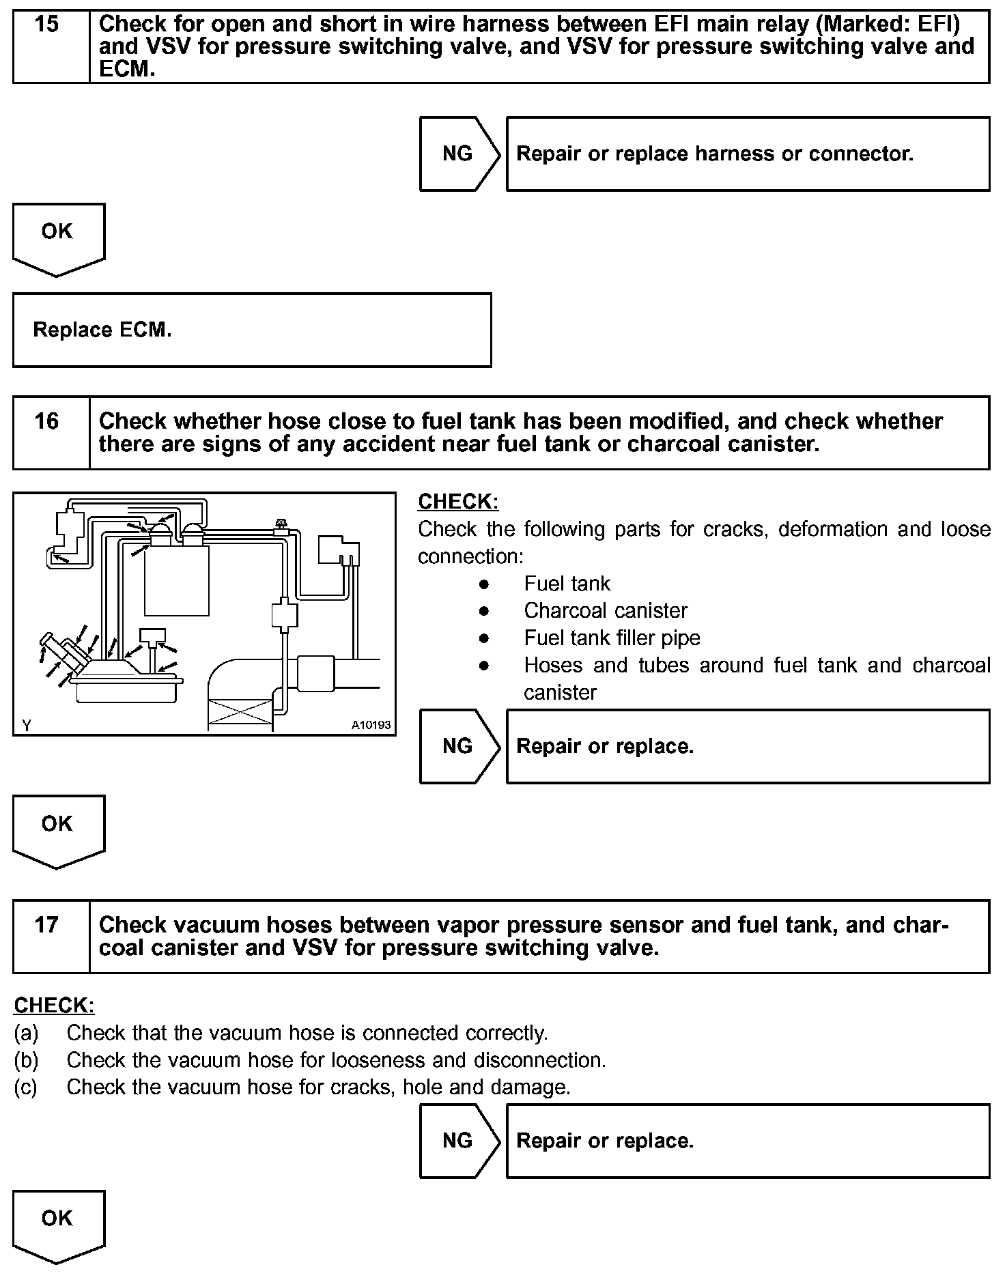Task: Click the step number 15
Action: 46,25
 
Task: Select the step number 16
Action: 46,421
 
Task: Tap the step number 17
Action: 46,925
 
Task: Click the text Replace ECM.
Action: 102,330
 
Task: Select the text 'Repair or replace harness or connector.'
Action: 714,154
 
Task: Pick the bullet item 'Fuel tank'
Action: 567,584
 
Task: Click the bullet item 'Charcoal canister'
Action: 605,611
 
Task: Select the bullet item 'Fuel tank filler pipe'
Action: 612,638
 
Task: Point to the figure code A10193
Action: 371,725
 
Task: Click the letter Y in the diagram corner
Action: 26,726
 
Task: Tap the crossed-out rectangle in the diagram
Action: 239,714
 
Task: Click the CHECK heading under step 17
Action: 54,1006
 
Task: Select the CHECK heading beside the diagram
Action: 458,502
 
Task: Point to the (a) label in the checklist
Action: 26,1034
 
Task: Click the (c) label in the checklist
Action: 26,1087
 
